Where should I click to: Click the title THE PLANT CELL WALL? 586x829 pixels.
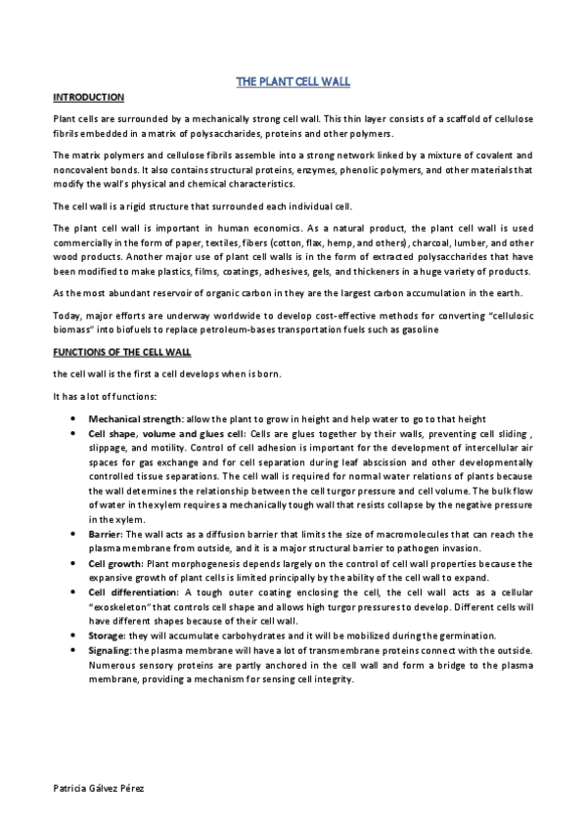coord(293,81)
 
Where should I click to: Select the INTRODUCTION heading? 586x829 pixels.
coord(87,98)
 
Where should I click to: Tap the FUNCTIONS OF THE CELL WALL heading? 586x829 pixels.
coord(121,352)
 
